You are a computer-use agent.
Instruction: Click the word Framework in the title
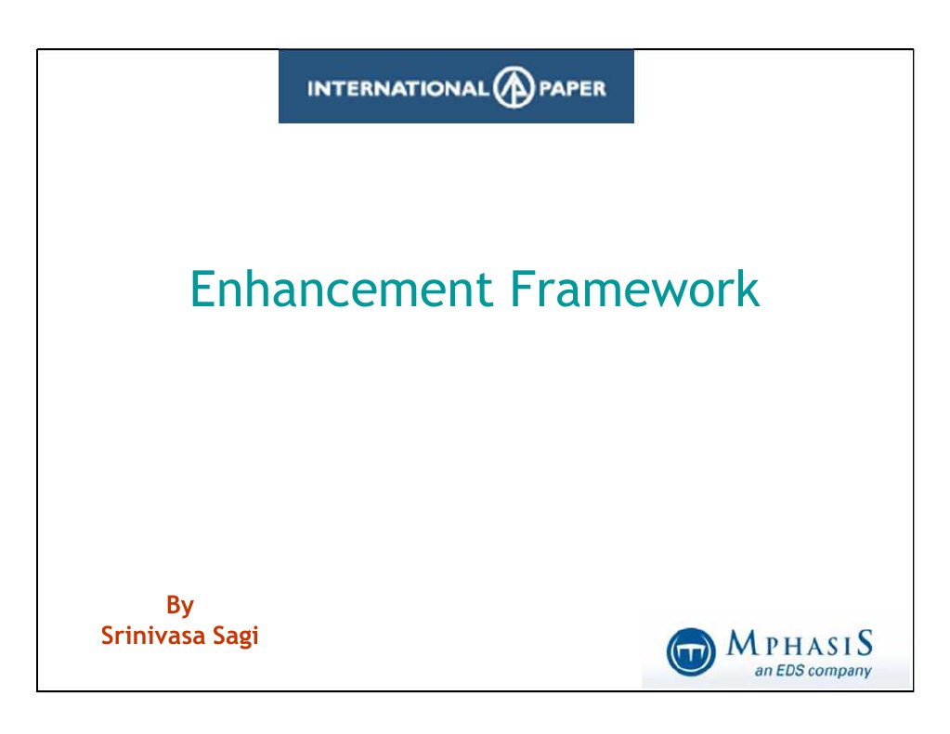click(634, 290)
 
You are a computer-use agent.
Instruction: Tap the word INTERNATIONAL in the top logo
click(397, 89)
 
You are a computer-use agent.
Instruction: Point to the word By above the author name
click(179, 606)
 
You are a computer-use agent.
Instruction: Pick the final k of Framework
click(748, 290)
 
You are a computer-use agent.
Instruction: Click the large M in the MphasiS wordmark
click(740, 642)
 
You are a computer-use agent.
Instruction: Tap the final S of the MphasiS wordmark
click(865, 642)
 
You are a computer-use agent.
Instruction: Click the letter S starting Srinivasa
click(107, 637)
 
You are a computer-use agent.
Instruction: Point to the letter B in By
click(173, 606)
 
